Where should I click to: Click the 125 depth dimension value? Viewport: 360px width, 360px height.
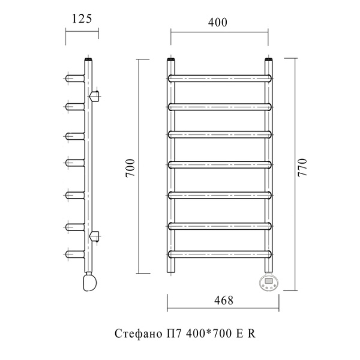pos(82,19)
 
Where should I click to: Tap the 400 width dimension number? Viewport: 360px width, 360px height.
pos(218,23)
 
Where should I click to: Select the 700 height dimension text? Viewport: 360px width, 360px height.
pos(130,167)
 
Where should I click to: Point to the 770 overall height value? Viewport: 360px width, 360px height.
pos(302,167)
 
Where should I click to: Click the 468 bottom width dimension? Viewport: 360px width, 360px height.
pos(224,301)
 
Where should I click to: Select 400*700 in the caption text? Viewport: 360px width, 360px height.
pos(209,334)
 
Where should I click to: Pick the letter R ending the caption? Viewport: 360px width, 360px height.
pos(251,334)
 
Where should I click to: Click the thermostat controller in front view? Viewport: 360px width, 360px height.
pos(268,283)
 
